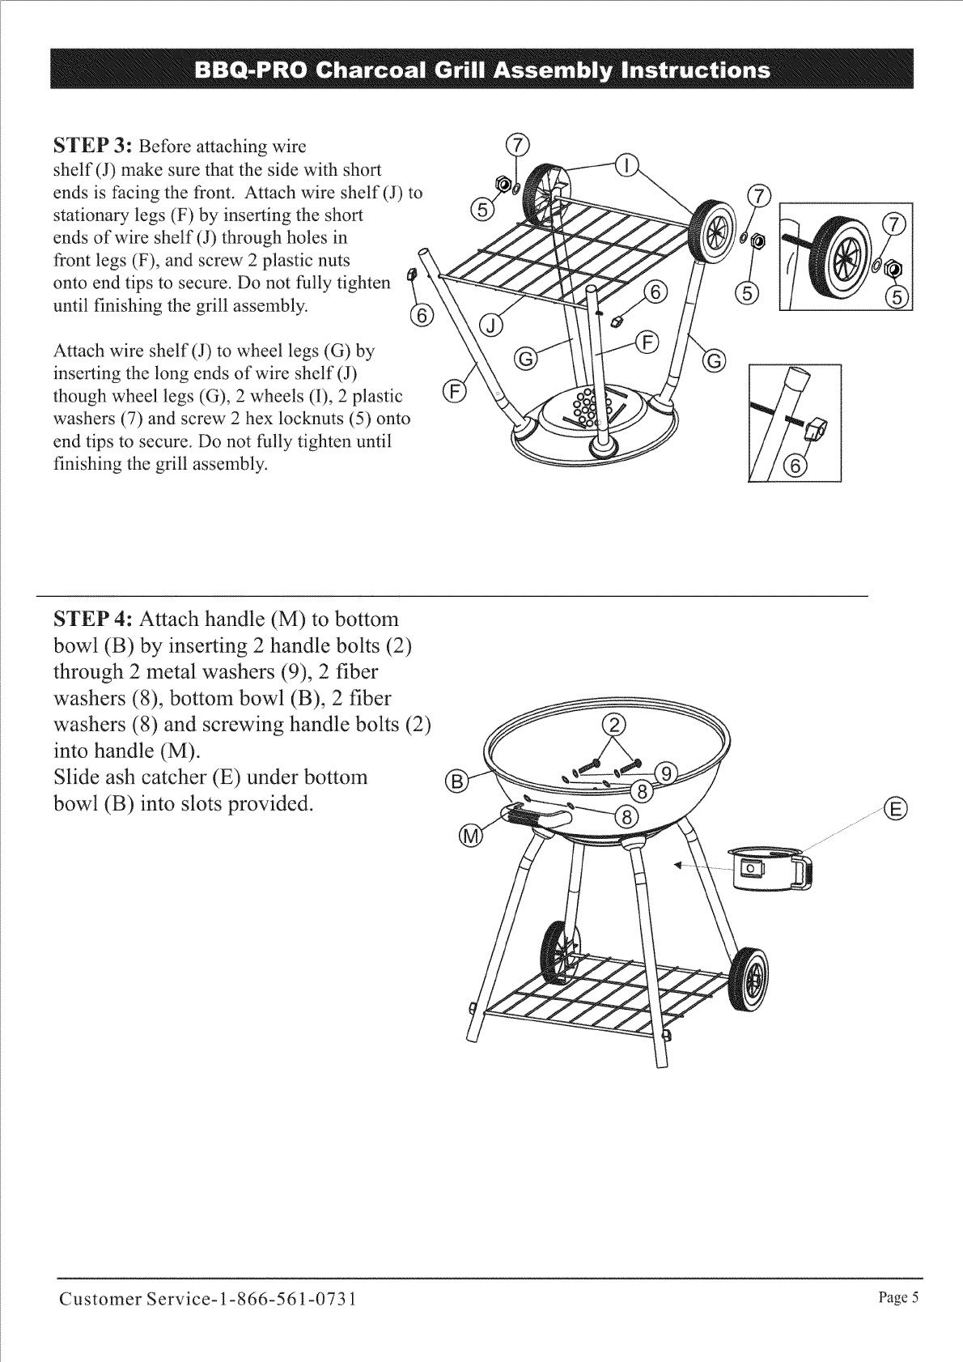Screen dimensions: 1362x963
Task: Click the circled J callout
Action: pos(492,326)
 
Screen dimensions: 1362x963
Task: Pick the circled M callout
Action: pos(470,835)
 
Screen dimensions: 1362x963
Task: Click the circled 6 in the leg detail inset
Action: pos(797,466)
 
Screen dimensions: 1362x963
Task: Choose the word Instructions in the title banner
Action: pos(689,70)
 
